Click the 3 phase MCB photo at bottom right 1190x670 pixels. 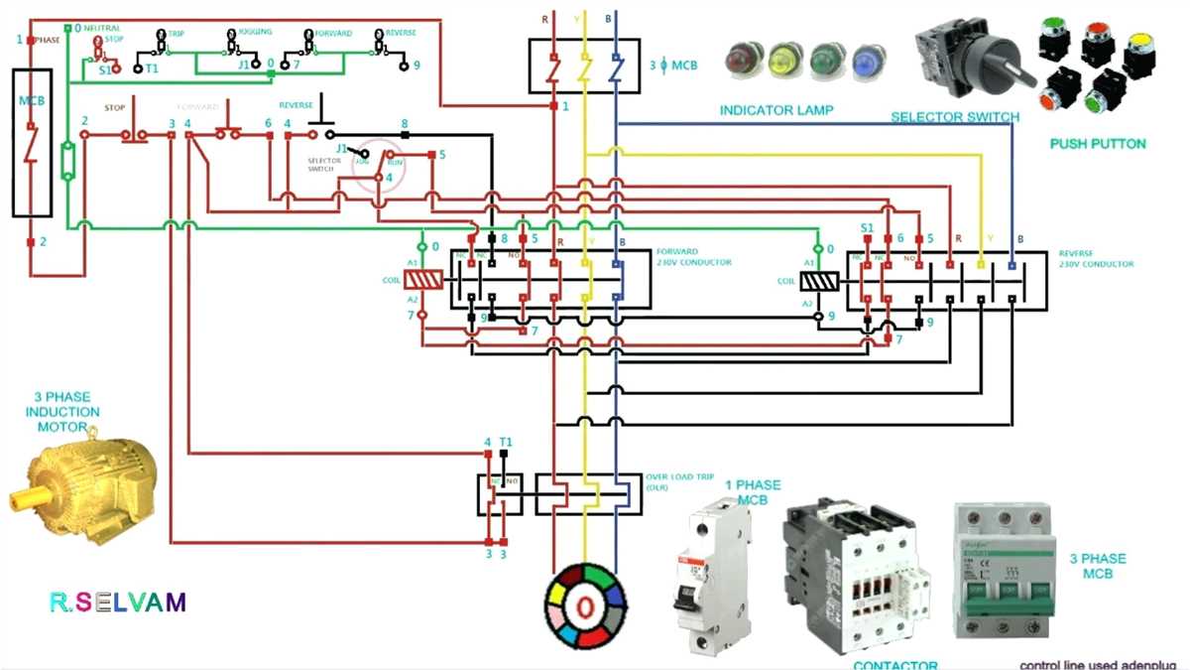point(1001,570)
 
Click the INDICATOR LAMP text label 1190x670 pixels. point(776,109)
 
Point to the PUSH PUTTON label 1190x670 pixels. point(1097,144)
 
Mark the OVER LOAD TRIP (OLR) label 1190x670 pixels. point(679,481)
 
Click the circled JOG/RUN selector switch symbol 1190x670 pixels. point(382,165)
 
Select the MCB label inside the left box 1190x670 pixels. point(32,101)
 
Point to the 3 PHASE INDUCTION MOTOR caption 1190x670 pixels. point(62,411)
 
